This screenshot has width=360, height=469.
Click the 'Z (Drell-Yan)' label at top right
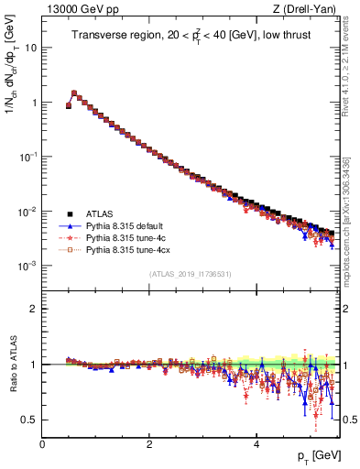click(310, 10)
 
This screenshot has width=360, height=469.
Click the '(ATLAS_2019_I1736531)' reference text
click(190, 274)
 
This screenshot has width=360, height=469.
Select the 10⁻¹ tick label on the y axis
click(27, 157)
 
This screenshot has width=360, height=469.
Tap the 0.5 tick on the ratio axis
click(28, 420)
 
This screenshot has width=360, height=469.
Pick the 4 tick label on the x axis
click(256, 444)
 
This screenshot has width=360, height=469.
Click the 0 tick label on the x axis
click(42, 444)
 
